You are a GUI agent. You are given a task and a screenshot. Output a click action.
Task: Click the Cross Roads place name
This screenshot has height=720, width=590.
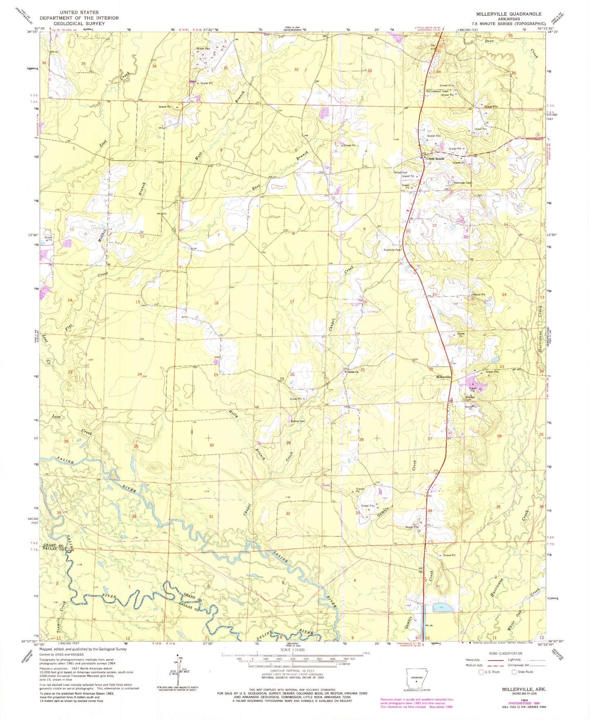tap(435, 158)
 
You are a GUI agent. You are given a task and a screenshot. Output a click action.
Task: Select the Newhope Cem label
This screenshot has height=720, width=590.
tap(460, 183)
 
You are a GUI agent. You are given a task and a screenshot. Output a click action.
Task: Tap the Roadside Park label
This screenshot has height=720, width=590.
tap(392, 250)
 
